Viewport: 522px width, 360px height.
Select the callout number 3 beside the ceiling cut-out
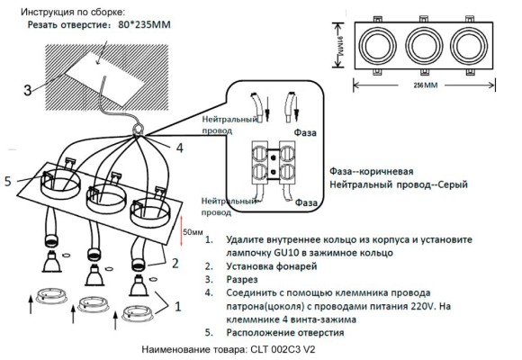[x=27, y=89]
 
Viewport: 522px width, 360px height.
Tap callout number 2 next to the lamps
[x=175, y=263]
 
